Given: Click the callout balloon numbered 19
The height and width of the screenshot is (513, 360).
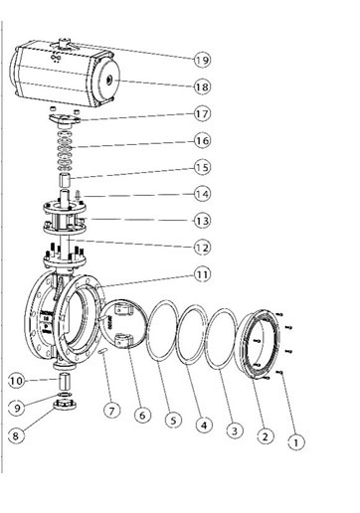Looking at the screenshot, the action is (202, 61).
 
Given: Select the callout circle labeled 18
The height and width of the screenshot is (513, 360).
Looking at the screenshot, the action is (202, 87).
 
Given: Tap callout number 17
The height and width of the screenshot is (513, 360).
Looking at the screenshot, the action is (202, 114).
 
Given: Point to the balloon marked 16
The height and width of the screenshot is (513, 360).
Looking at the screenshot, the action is (202, 141).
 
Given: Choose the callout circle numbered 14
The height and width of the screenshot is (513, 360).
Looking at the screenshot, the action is (202, 194).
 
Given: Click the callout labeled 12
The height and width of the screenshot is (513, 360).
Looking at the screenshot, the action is (202, 248).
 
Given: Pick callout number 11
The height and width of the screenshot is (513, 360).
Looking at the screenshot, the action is (202, 274).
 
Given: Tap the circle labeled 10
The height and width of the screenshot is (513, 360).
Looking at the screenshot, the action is (16, 381).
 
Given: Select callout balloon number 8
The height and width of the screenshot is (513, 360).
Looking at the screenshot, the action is (16, 435).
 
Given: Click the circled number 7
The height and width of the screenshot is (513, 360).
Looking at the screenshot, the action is (111, 411).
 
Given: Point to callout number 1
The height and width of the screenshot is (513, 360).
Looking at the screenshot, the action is (296, 442).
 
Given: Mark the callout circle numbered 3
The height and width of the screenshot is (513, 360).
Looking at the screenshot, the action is (235, 430).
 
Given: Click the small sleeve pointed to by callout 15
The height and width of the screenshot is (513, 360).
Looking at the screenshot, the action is (65, 180).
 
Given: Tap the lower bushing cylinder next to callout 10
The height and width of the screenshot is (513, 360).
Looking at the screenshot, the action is (65, 381).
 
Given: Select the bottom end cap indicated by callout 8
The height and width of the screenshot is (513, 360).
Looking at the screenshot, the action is (66, 405).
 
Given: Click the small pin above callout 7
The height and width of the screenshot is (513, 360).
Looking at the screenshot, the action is (102, 351).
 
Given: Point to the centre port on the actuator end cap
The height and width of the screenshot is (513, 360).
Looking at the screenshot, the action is (109, 80).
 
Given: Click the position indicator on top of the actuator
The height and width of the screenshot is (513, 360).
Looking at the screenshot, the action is (64, 44).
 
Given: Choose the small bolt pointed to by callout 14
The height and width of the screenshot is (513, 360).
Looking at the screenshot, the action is (78, 194).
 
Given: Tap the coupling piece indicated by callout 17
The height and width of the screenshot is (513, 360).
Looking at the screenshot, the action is (65, 120).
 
